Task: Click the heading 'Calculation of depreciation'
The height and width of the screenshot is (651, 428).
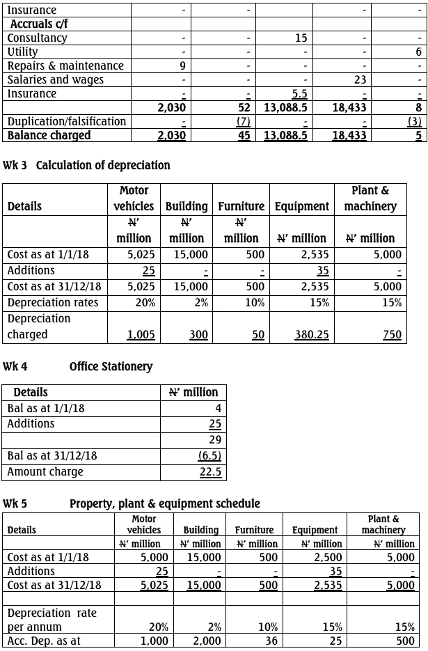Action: [x=102, y=166]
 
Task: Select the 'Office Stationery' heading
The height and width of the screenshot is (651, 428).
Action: [x=111, y=366]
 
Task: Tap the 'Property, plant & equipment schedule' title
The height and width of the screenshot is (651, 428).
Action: [x=164, y=503]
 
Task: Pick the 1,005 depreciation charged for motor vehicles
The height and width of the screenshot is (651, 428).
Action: [x=141, y=335]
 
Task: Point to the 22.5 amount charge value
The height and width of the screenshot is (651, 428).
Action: [x=210, y=472]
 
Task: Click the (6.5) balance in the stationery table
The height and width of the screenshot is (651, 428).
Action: [x=209, y=456]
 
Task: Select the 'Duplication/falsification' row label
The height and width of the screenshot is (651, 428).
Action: [x=67, y=121]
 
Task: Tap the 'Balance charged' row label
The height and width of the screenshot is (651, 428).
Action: [x=49, y=135]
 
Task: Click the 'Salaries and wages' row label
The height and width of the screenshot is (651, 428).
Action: [x=55, y=79]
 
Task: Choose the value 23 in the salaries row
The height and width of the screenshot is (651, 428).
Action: [x=360, y=79]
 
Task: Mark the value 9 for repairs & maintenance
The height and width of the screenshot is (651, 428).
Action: [x=182, y=65]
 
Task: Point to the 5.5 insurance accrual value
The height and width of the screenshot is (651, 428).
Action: [x=299, y=93]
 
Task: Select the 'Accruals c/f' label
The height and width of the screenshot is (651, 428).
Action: [x=39, y=24]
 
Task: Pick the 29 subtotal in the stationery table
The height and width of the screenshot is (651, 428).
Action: [x=214, y=440]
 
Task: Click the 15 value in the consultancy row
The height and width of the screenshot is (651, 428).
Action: [x=300, y=38]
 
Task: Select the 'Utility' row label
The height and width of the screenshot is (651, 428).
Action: [x=22, y=52]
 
